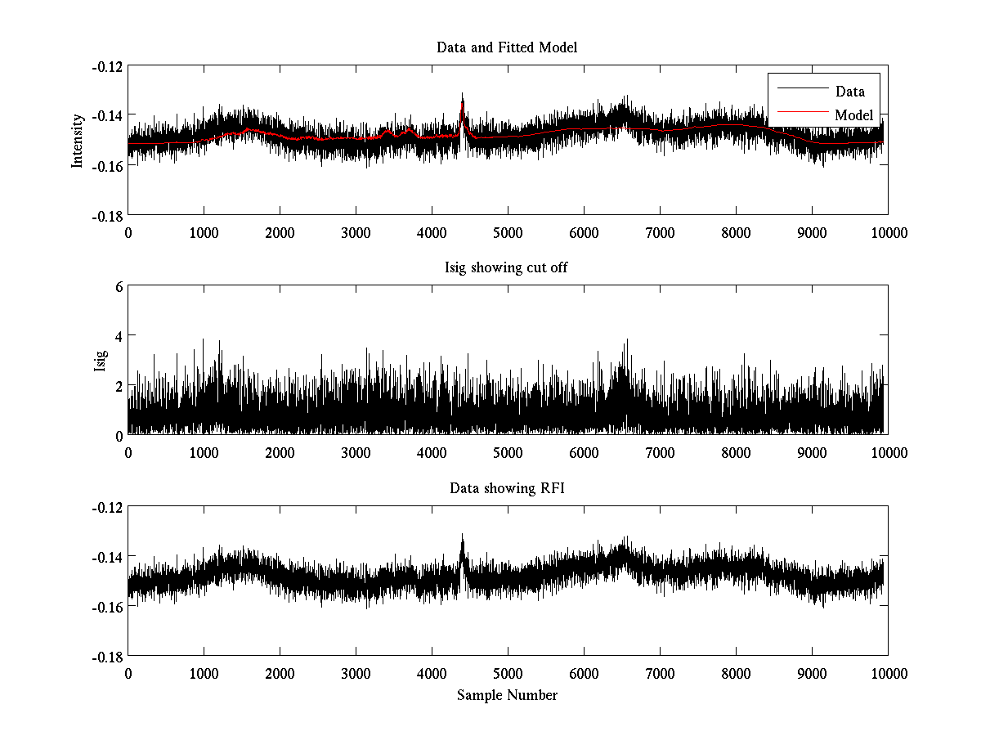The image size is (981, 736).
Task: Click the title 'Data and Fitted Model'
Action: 507,47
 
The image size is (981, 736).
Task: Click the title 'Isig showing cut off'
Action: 507,268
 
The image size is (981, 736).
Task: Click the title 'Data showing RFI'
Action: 507,488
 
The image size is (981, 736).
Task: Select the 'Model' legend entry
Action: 853,115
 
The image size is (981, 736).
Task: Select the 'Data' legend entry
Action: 849,92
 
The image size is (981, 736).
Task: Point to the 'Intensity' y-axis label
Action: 78,140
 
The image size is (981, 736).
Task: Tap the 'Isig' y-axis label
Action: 101,361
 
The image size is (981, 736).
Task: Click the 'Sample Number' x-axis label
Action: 507,695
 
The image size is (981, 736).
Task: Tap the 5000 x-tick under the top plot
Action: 508,232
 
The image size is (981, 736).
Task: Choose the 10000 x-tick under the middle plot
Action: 888,452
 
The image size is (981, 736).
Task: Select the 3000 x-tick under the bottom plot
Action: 356,673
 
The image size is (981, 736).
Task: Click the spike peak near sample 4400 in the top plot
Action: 462,94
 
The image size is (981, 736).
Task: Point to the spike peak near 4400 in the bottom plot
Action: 462,535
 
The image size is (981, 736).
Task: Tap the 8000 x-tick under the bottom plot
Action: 736,673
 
